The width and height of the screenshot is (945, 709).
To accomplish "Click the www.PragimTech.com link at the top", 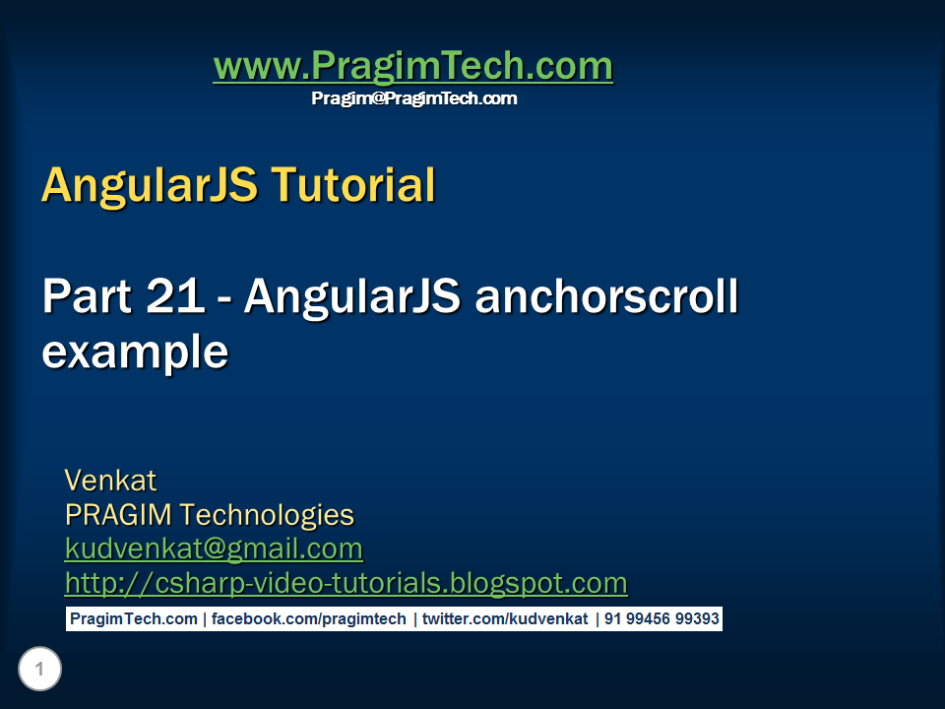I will pos(412,67).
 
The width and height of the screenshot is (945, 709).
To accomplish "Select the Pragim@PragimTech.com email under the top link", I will pos(413,98).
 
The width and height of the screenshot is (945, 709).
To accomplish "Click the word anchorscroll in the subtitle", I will pos(605,298).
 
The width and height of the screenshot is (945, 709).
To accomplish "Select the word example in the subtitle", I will pos(135,353).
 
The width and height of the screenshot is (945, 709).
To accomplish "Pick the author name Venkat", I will pos(110,481).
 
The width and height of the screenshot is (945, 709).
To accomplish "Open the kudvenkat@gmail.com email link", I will pos(214,548).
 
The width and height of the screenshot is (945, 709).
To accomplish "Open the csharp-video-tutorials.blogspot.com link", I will pos(346,583).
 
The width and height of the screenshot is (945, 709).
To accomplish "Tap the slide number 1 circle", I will pos(39,671).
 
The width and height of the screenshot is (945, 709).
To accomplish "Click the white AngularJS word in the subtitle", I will pos(351,298).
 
